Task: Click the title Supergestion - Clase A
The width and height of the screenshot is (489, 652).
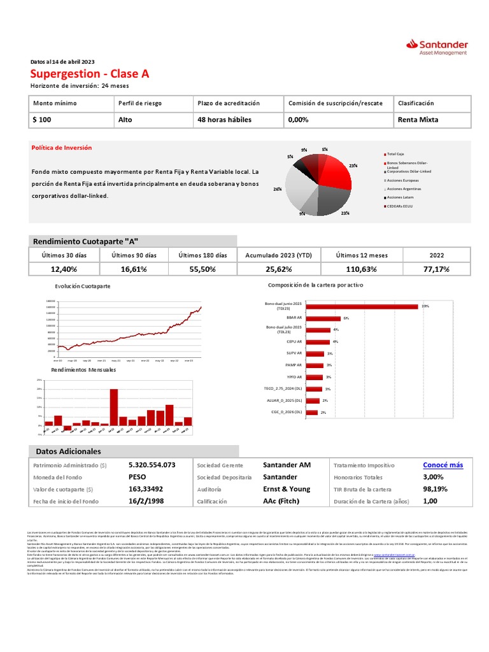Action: tap(90, 74)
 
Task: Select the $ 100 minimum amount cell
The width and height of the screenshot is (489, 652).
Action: tap(43, 119)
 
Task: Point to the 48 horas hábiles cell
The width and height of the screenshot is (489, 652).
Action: tap(224, 119)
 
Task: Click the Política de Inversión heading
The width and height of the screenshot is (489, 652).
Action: tap(62, 148)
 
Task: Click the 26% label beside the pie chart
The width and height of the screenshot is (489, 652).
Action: tap(277, 189)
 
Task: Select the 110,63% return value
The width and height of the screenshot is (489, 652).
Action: tap(361, 269)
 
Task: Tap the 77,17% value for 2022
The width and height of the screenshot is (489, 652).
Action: tap(437, 269)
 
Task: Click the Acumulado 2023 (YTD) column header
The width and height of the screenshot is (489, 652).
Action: tap(279, 255)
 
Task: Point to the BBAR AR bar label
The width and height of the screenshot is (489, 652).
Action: tap(295, 317)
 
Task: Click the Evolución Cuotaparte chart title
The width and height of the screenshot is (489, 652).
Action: tap(83, 287)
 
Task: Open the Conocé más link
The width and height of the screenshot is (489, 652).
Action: tap(443, 465)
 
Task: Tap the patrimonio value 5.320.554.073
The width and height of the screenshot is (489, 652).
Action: tap(152, 465)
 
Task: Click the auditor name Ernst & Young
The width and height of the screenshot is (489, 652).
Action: tap(287, 489)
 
